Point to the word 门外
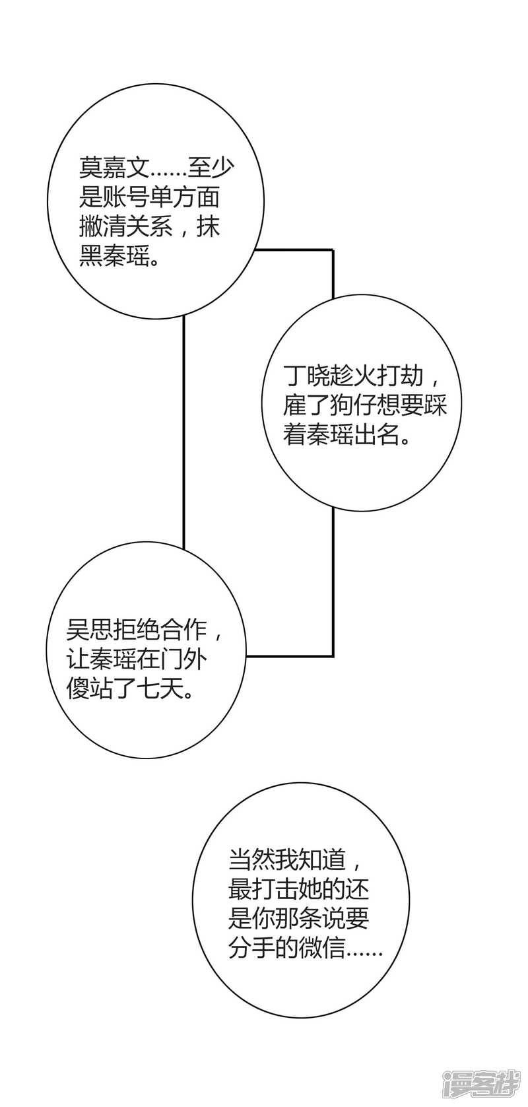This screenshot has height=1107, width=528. (197, 661)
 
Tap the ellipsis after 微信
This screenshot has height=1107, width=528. (364, 955)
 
